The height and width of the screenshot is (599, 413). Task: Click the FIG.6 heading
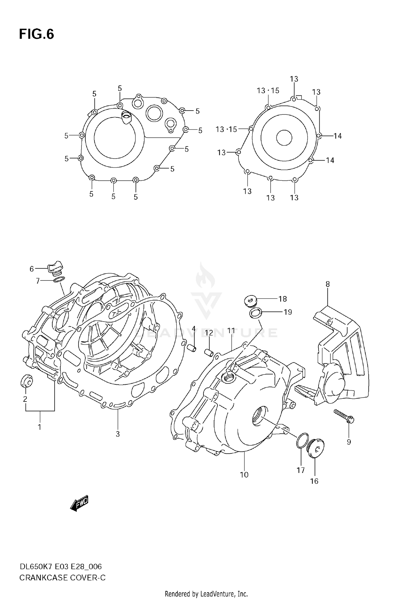pos(36,34)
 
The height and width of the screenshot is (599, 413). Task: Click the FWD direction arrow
pos(79,503)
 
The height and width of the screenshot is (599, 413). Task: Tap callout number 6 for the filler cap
pos(32,269)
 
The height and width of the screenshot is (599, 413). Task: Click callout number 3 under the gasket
pos(118,434)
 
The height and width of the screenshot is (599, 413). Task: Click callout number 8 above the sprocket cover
pos(327,284)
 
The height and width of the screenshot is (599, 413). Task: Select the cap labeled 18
pos(250,300)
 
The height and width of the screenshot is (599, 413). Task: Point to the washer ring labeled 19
pos(256,313)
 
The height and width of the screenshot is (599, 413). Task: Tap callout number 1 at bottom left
pos(39,427)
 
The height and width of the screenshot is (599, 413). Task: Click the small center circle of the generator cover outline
pos(284,137)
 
